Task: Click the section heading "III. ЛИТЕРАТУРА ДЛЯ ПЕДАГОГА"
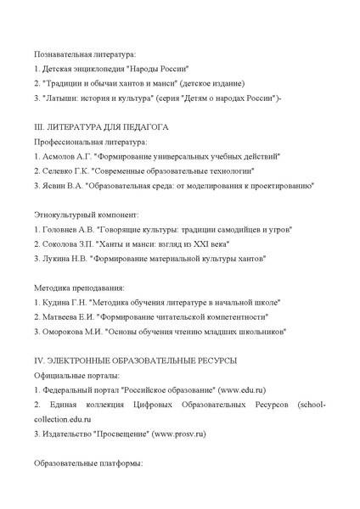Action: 101,126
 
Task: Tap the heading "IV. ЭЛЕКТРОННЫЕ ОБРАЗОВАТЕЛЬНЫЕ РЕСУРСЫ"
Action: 135,361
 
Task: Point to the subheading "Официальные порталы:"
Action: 76,375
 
